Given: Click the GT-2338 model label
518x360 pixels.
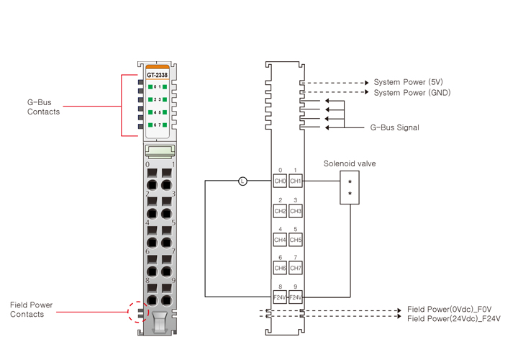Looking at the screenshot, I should tap(157, 74).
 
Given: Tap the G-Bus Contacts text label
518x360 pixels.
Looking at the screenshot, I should tap(43, 107).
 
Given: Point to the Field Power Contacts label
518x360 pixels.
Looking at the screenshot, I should tap(31, 310).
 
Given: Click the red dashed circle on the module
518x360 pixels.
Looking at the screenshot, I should tap(137, 312).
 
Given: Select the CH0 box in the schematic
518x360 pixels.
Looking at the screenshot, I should tap(280, 181).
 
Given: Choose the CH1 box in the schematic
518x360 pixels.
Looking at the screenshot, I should tap(296, 181).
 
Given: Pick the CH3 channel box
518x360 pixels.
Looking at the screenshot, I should tap(296, 211).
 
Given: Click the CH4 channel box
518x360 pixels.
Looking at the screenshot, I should tap(280, 239).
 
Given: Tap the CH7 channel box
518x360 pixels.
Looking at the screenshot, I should tap(296, 268).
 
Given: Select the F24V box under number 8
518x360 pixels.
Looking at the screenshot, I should tap(280, 297).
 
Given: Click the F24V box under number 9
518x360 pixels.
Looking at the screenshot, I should tap(296, 297).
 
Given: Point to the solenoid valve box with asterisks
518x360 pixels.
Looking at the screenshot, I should tap(350, 189).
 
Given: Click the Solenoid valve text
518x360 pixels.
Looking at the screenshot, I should tap(350, 163).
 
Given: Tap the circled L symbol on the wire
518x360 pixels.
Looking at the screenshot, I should tap(242, 181).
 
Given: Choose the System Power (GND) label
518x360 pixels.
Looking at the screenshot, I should tap(412, 93).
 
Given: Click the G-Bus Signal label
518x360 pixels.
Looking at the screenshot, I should tap(394, 127).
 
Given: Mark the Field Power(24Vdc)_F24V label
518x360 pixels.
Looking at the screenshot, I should tap(453, 318).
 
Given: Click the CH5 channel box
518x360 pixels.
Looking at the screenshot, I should tap(296, 239).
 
